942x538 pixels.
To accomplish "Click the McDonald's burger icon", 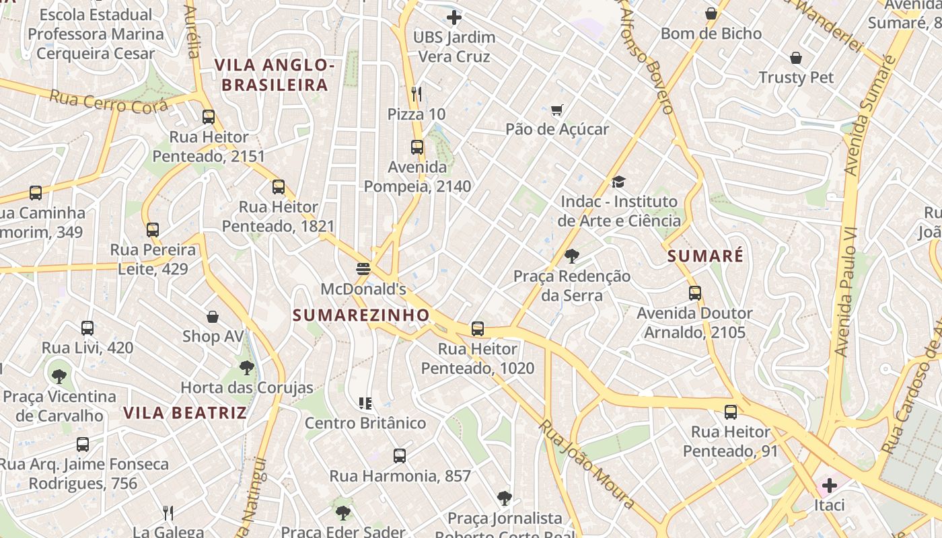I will pos(363,269).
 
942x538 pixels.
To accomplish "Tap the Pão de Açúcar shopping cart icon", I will pos(556,110).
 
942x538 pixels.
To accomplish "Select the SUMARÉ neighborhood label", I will pos(705,256).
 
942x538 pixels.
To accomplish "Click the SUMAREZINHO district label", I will pos(361,315).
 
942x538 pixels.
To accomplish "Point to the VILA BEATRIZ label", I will pos(185,413).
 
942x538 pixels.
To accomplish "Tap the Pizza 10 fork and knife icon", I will pos(416,93).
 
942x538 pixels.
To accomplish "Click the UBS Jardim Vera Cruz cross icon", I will pos(454,17).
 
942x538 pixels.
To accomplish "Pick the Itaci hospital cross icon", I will pos(829,485).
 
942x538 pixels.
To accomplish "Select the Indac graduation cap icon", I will pos(618,182).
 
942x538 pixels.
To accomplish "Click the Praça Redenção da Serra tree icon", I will pos(572,256).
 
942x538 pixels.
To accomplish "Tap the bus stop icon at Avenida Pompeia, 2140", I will pos(417,147).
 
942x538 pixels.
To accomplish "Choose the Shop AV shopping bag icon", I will pos(213,316).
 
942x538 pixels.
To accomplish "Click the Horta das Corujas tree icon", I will pos(247,368).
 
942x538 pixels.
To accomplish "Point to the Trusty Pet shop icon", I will pos(796,58).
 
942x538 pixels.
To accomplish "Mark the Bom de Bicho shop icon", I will pos(711,13).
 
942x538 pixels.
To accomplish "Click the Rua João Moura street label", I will pos(587,465).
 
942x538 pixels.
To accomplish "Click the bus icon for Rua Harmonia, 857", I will pos(400,455).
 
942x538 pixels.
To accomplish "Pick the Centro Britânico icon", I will pos(365,403).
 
